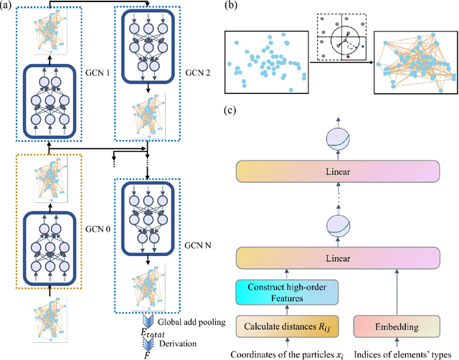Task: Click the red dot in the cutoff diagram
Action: (348, 55)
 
